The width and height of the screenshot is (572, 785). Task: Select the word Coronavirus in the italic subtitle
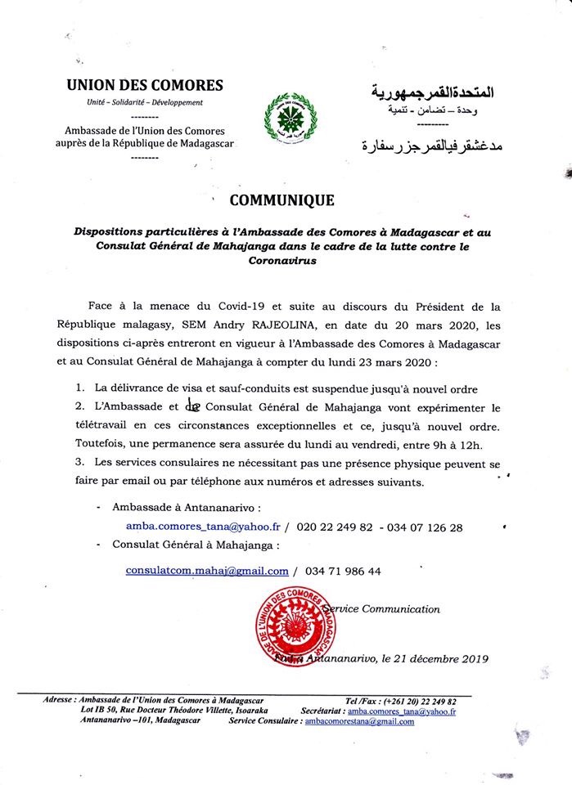click(281, 262)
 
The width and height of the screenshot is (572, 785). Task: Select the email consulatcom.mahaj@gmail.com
click(207, 571)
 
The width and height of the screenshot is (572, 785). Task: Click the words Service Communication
click(382, 608)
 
